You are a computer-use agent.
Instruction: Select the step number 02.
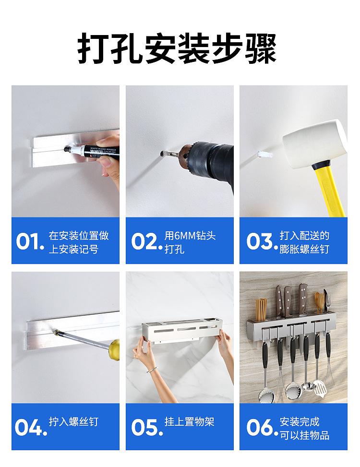tap(144, 241)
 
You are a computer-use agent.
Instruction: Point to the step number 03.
tap(260, 241)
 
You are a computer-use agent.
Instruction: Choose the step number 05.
tap(144, 427)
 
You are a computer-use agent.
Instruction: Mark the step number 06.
tap(260, 427)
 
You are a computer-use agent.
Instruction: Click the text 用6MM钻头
tap(190, 236)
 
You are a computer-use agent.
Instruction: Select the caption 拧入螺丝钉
tap(73, 421)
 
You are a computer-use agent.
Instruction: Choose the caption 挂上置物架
tap(190, 421)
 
